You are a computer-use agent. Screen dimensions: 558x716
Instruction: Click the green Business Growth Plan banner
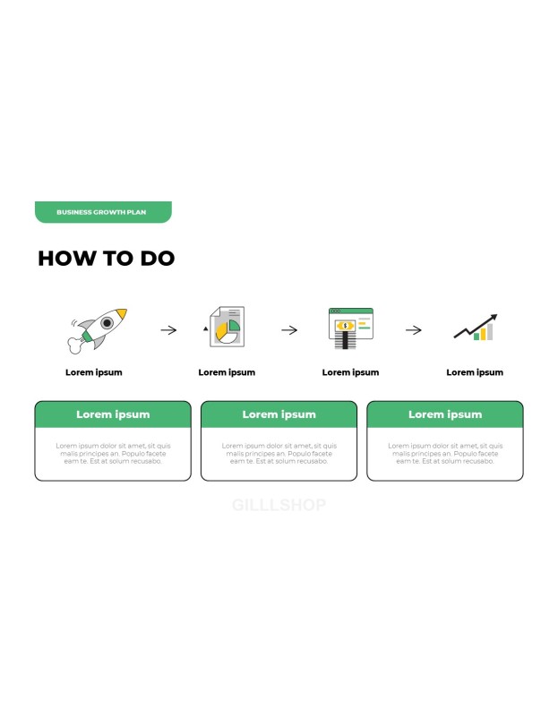[x=103, y=212]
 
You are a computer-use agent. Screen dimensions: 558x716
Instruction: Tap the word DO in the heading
[x=158, y=258]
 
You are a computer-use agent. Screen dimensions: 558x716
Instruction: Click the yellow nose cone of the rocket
[x=121, y=313]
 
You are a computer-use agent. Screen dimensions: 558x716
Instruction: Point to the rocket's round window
[x=107, y=323]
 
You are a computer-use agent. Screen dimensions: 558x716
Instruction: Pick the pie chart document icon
[x=227, y=327]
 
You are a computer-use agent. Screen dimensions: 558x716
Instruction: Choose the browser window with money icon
[x=351, y=328]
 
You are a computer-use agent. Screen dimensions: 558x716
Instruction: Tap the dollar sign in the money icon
[x=345, y=326]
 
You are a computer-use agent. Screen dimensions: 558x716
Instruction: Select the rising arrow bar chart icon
[x=476, y=328]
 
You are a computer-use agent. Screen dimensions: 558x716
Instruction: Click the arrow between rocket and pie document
[x=168, y=330]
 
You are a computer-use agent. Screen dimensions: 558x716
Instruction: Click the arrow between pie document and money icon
[x=289, y=330]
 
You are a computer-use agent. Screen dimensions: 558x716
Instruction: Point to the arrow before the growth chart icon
[x=414, y=330]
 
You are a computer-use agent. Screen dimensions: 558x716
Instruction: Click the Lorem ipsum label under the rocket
[x=94, y=372]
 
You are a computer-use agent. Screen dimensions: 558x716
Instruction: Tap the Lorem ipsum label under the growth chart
[x=475, y=372]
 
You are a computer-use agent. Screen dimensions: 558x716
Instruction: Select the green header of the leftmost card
[x=113, y=414]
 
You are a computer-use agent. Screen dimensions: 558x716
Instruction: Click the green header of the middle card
[x=279, y=414]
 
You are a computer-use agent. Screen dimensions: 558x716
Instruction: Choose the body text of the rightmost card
[x=445, y=454]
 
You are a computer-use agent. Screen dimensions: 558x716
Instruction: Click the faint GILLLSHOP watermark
[x=279, y=505]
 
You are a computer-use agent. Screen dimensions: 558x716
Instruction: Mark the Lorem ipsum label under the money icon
[x=350, y=372]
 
